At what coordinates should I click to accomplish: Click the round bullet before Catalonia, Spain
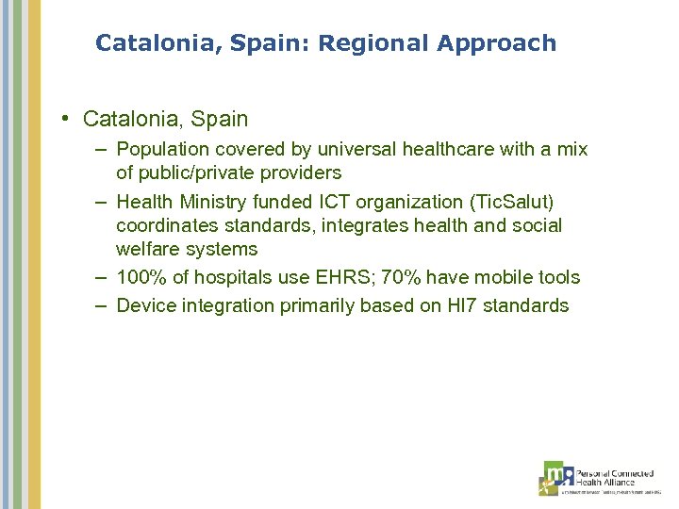pos(68,119)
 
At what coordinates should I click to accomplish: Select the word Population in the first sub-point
pos(161,149)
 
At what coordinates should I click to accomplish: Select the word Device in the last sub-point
pos(146,305)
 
